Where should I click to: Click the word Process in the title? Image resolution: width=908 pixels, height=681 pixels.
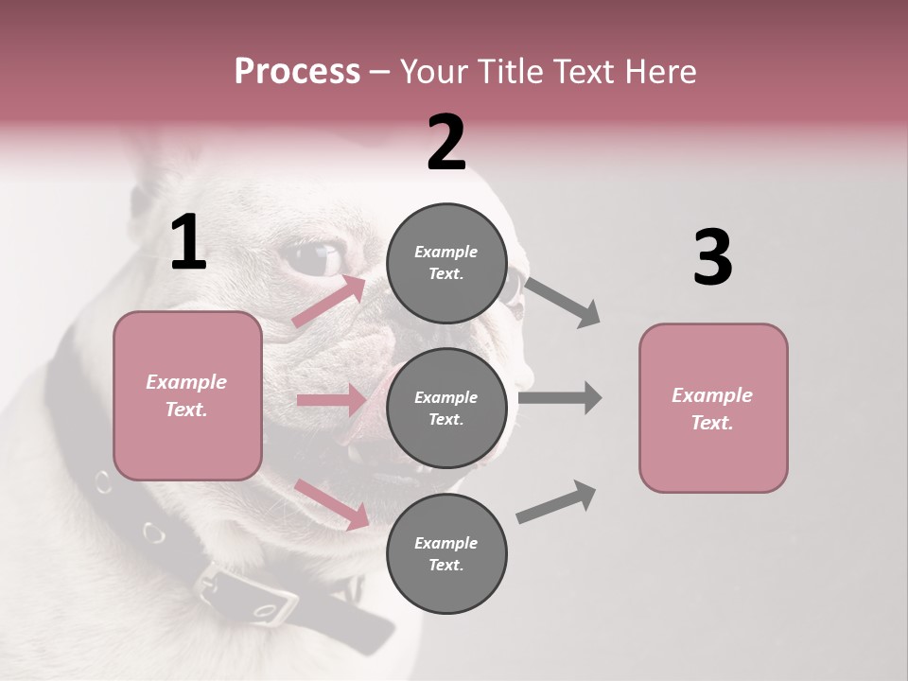[297, 72]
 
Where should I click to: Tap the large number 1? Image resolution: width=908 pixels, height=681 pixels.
[188, 243]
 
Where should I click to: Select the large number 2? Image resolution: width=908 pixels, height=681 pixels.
[446, 143]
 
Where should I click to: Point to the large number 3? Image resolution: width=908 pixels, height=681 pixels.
[712, 258]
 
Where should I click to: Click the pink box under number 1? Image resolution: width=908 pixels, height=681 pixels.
[187, 395]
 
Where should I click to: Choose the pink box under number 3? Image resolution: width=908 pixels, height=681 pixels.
[713, 409]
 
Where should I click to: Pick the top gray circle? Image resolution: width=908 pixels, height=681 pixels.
[446, 263]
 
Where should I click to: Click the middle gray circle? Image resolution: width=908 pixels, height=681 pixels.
[446, 409]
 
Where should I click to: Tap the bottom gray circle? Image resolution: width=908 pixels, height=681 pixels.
[446, 554]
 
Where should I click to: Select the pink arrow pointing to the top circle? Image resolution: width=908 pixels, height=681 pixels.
[329, 302]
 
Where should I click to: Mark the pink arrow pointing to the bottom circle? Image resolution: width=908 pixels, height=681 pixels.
[332, 504]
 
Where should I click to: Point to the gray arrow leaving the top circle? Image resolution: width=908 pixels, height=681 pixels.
[563, 302]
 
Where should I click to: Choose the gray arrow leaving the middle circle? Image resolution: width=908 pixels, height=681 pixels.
[560, 398]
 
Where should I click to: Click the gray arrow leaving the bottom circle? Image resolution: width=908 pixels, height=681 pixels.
[557, 501]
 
